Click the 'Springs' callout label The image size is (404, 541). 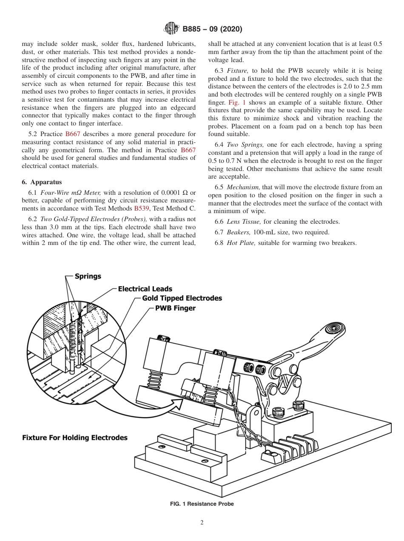tap(88, 276)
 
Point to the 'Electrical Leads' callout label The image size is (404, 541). tap(145, 289)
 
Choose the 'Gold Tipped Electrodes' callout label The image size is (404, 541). tap(182, 298)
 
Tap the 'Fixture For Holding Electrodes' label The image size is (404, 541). tap(75, 437)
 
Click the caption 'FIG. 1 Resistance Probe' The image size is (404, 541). tap(202, 504)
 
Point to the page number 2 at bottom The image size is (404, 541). tap(202, 523)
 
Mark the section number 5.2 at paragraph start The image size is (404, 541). tap(27, 134)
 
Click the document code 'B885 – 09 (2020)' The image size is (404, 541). tap(212, 29)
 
